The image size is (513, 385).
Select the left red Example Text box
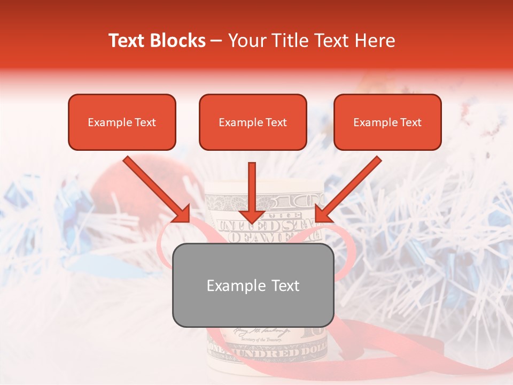[122, 122]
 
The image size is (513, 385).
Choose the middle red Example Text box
[253, 122]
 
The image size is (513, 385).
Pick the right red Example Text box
[387, 122]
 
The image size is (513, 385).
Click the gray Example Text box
[253, 285]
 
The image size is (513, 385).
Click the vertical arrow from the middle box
[252, 192]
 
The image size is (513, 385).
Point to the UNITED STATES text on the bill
[262, 225]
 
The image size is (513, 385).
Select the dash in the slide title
[216, 41]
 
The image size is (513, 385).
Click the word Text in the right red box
[410, 122]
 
